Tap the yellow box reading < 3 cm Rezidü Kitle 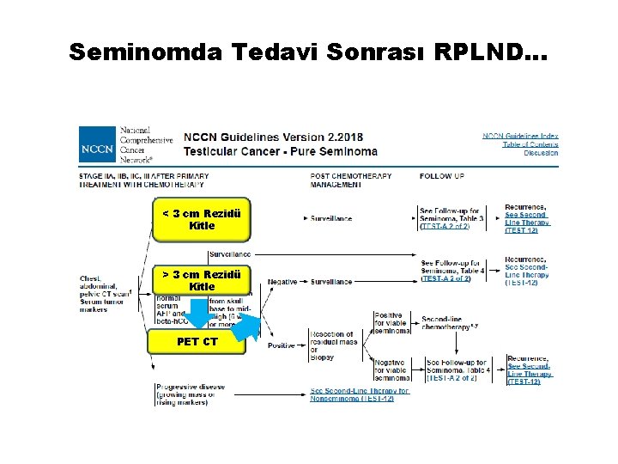[x=202, y=220]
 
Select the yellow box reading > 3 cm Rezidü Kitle [x=202, y=280]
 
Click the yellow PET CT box [x=197, y=342]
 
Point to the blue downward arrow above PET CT [x=198, y=314]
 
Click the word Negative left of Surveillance [x=283, y=282]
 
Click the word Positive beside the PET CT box [x=282, y=345]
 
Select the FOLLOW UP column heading [x=442, y=176]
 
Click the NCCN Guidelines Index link [x=520, y=136]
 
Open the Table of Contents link [x=530, y=144]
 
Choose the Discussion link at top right [x=541, y=153]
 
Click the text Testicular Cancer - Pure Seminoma [x=280, y=152]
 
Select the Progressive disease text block [x=191, y=394]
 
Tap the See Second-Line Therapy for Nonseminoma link [x=360, y=394]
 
